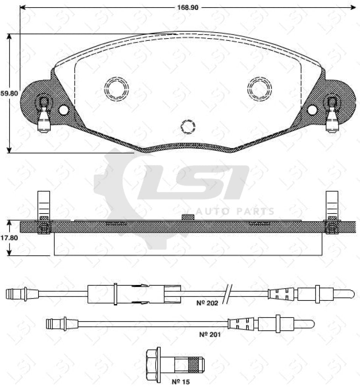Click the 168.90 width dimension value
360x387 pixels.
point(188,7)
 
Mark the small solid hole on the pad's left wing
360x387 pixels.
point(64,110)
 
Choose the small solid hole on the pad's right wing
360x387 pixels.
point(312,110)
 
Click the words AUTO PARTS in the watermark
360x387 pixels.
point(234,211)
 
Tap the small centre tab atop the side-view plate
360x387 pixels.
point(188,217)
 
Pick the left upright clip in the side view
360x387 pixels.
point(44,206)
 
